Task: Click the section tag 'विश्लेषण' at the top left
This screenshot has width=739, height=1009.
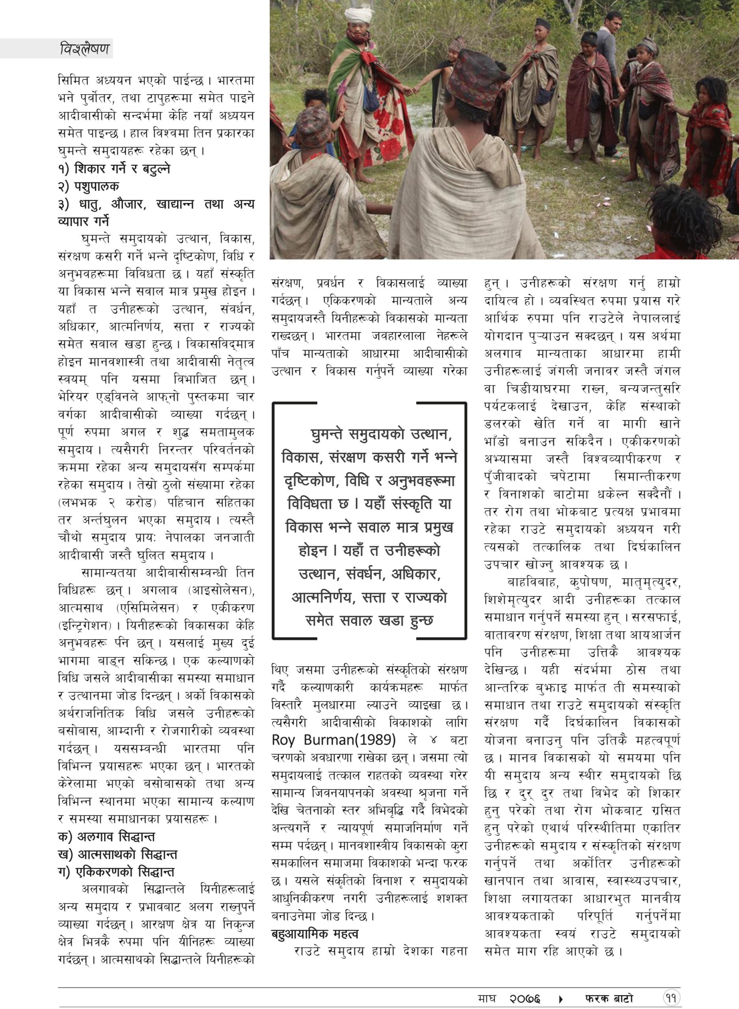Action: [84, 48]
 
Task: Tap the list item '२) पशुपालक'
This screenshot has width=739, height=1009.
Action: [89, 186]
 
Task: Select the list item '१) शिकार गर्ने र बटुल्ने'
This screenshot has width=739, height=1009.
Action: [114, 169]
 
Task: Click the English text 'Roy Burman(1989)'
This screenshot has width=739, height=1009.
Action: [334, 740]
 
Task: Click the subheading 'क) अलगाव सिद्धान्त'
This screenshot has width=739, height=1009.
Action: [106, 837]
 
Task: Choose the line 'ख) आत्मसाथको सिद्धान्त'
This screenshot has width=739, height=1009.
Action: [118, 854]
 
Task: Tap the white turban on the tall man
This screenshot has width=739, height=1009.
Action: [359, 17]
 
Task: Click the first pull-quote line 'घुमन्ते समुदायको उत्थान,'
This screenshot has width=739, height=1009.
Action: [381, 434]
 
